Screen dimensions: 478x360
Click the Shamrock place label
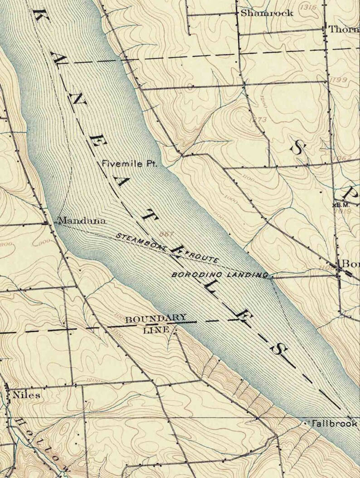(267, 13)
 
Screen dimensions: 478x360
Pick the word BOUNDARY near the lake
(156, 318)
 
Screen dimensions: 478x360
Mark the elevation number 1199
(339, 80)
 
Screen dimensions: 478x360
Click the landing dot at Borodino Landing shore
(271, 277)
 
